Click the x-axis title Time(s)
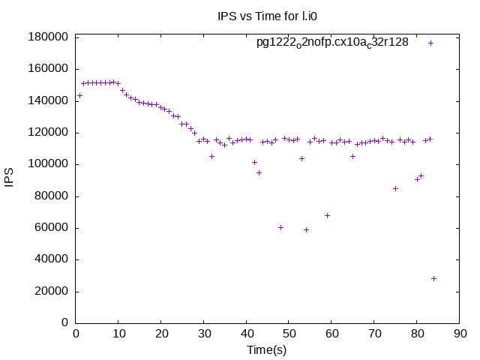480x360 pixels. point(267,350)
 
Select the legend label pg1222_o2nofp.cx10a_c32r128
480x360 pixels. point(332,42)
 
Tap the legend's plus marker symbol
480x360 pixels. point(430,43)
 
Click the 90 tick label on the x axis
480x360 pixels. point(459,334)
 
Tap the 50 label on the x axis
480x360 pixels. point(289,334)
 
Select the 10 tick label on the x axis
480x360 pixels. point(118,334)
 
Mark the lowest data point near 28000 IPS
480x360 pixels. point(433,278)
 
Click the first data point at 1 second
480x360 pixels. point(79,95)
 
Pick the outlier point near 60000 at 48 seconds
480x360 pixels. point(280,227)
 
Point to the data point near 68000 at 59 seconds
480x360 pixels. point(327,215)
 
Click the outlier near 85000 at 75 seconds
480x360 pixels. point(395,188)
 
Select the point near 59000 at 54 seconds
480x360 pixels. point(306,229)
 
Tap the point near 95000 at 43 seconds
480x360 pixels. point(259,172)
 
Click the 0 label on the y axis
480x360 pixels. point(65,323)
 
